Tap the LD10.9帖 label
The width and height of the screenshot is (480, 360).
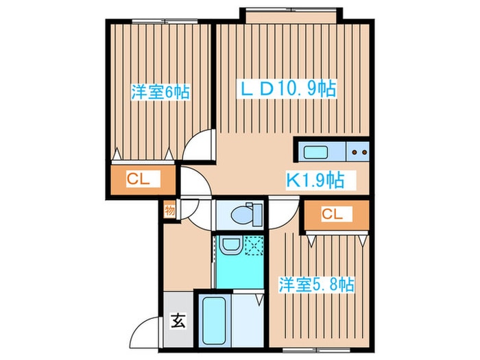[287, 88]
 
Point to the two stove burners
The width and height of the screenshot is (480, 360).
[360, 152]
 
